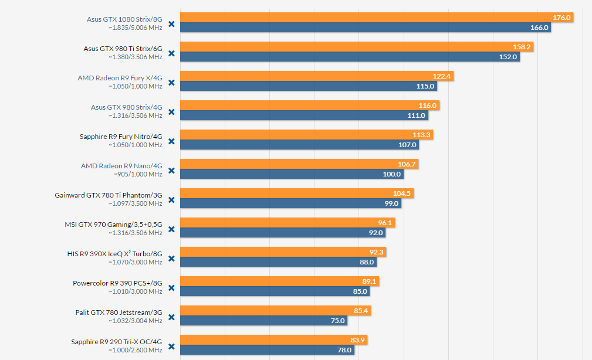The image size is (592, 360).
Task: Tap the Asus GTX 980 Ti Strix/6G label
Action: tap(123, 49)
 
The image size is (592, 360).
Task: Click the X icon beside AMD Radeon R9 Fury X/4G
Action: tap(171, 83)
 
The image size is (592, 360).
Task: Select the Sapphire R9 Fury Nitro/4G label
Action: tap(121, 137)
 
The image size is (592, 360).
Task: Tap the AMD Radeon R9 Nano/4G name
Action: tap(121, 166)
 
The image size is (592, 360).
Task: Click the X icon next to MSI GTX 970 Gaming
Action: tap(171, 229)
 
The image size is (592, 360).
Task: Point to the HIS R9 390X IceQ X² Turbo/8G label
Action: tap(114, 254)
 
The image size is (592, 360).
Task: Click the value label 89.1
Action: tap(370, 281)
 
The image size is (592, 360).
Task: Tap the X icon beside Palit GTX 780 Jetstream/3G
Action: tap(171, 317)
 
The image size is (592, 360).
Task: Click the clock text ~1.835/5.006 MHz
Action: tap(135, 28)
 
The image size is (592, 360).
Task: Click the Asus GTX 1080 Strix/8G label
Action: tap(124, 19)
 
